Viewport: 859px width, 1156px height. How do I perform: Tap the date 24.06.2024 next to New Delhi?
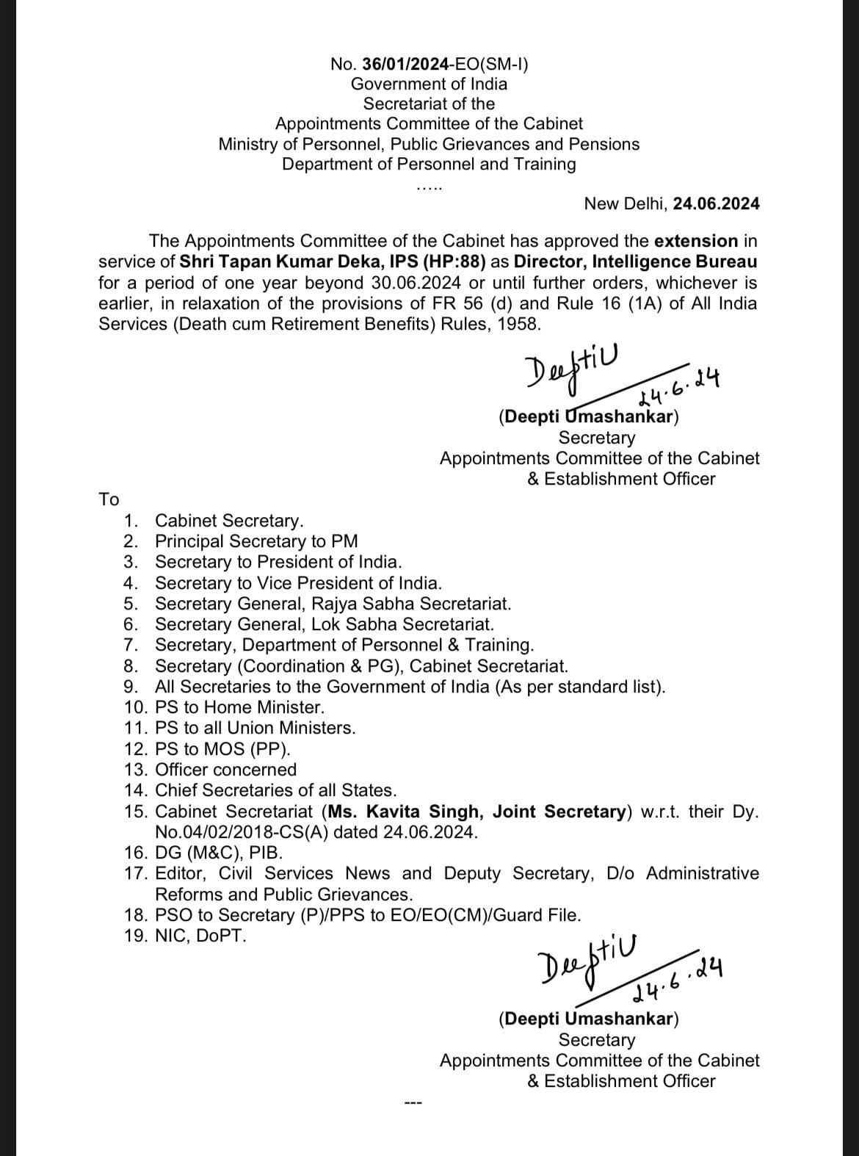coord(717,203)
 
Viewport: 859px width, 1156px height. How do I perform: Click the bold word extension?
coord(696,241)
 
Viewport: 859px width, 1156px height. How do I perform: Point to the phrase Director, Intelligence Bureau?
coord(636,261)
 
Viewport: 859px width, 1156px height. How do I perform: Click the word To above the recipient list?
coord(109,500)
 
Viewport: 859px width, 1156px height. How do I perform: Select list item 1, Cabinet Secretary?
coord(228,521)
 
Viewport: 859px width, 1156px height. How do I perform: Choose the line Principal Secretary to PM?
coord(256,541)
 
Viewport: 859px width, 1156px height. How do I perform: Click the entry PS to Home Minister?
coord(239,707)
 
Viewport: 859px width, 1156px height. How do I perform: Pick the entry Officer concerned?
coord(226,770)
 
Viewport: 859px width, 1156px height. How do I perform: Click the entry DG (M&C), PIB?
coord(217,853)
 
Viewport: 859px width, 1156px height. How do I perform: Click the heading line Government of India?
coord(429,84)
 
